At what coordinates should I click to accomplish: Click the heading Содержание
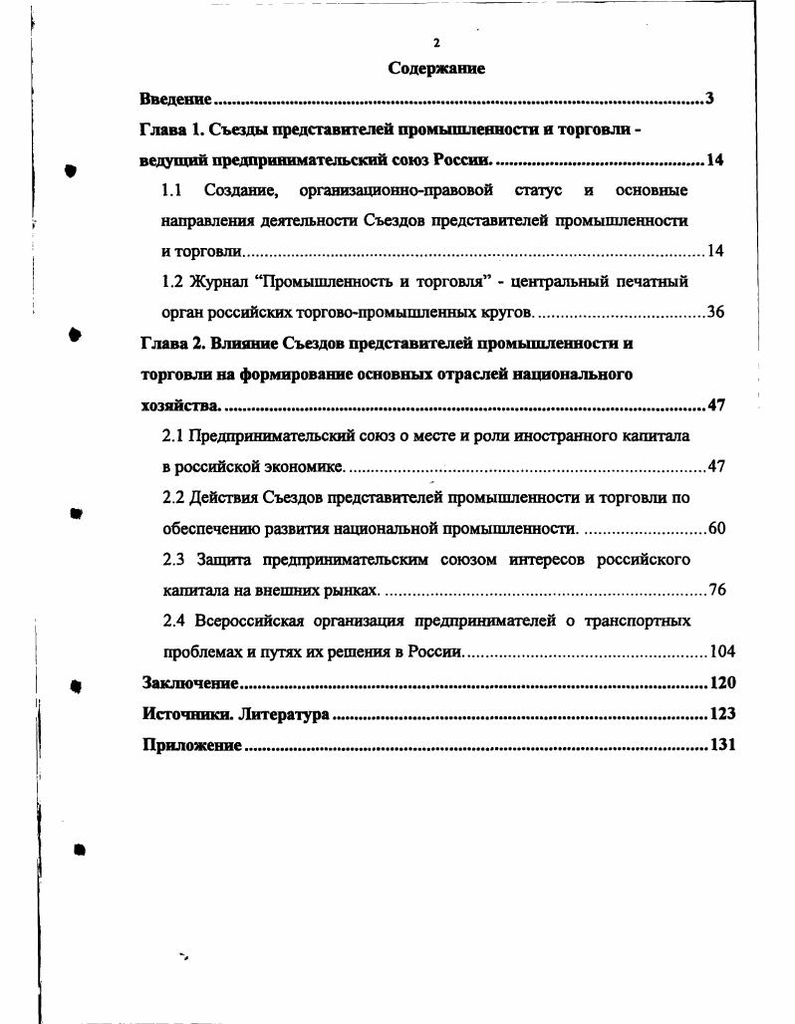point(436,69)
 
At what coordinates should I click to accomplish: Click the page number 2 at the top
point(436,43)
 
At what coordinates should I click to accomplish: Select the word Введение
point(175,100)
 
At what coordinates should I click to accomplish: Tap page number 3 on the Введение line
point(709,99)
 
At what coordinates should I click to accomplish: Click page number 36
point(714,313)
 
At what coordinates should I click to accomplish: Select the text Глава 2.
point(172,344)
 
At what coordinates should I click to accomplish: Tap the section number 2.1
point(173,436)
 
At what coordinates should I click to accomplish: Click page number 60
point(715,528)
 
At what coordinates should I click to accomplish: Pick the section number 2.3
point(173,559)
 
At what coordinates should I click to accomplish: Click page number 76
point(716,590)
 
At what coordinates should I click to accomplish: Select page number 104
point(720,651)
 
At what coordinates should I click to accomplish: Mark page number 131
point(720,745)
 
